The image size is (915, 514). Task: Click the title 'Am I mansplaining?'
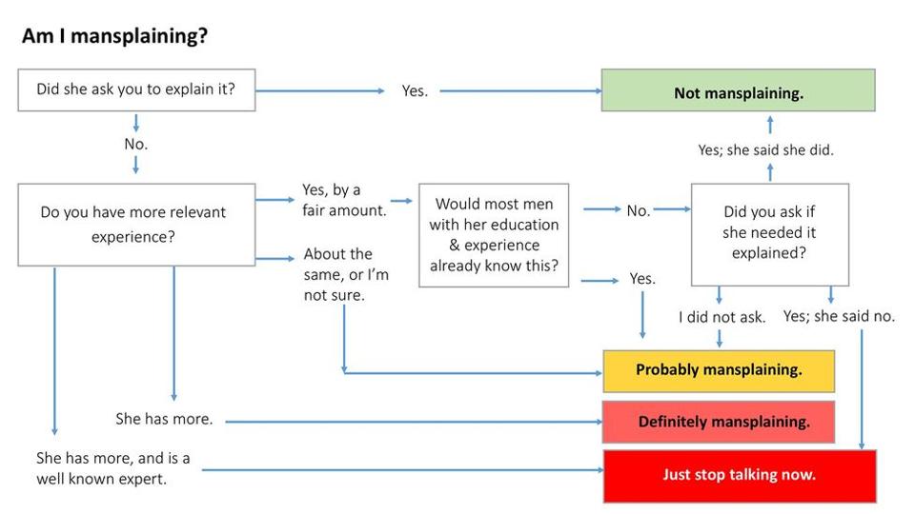tap(114, 37)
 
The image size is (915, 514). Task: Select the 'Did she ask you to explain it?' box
tap(136, 90)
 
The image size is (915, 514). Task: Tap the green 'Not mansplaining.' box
tap(738, 92)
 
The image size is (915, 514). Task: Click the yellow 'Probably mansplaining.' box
tap(719, 370)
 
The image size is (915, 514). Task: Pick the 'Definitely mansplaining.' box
tap(719, 422)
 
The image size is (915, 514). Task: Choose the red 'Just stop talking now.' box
tap(739, 475)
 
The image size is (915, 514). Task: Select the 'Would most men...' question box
tap(494, 235)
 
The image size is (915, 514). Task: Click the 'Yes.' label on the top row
tap(415, 91)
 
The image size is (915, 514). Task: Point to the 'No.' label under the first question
tap(136, 145)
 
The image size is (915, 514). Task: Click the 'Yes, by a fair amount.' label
tap(343, 200)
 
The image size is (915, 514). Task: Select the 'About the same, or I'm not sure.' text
tap(345, 274)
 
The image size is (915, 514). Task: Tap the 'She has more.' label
tap(164, 419)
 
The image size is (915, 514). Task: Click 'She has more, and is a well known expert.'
tap(112, 468)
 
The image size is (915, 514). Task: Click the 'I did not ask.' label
tap(722, 317)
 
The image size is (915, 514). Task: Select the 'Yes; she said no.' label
tap(839, 316)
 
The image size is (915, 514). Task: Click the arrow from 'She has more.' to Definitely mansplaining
tap(410, 421)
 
